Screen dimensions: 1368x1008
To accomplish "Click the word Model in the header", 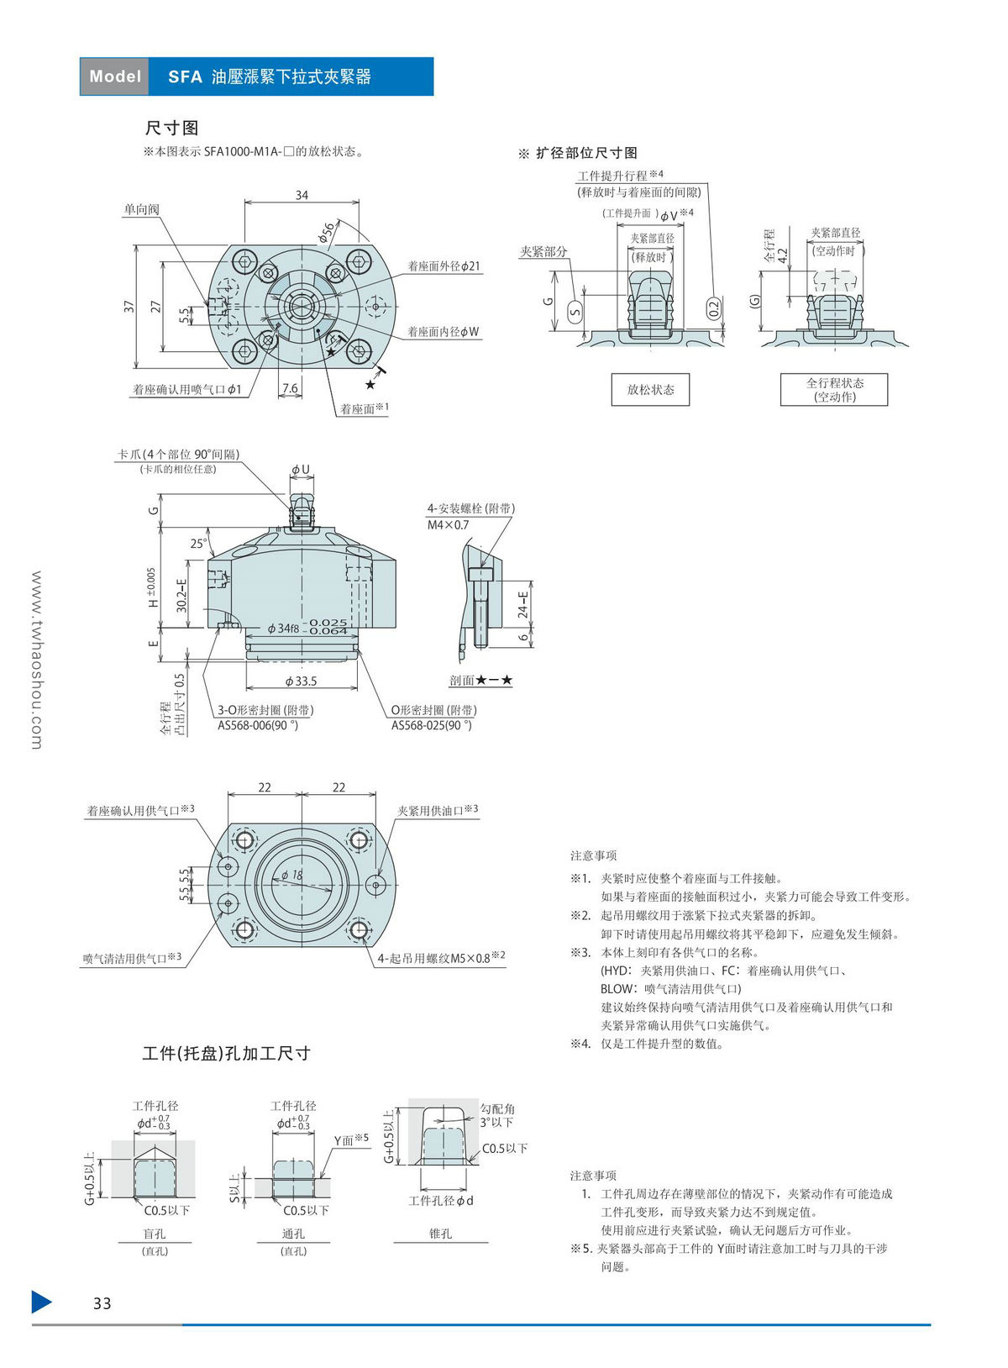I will pyautogui.click(x=115, y=76).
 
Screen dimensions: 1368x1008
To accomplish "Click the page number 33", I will pyautogui.click(x=102, y=1303).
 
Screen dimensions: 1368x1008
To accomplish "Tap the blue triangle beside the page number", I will pyautogui.click(x=41, y=1302).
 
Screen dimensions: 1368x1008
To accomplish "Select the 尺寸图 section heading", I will pyautogui.click(x=171, y=128).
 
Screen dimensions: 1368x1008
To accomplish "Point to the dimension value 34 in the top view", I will pyautogui.click(x=302, y=195).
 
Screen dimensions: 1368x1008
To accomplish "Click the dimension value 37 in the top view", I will pyautogui.click(x=129, y=307).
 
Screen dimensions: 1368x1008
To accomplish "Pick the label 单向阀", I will pyautogui.click(x=141, y=209).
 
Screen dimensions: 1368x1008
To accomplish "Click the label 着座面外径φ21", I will pyautogui.click(x=444, y=266).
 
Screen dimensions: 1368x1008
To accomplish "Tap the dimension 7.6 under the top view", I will pyautogui.click(x=290, y=388).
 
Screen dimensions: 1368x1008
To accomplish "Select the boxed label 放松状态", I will pyautogui.click(x=650, y=390).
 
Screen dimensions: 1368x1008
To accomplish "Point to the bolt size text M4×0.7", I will pyautogui.click(x=449, y=525).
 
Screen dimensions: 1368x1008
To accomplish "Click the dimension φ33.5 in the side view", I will pyautogui.click(x=301, y=681).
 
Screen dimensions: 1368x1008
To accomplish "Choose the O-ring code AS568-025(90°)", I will pyautogui.click(x=432, y=725).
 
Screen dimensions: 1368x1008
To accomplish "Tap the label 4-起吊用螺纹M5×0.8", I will pyautogui.click(x=438, y=958).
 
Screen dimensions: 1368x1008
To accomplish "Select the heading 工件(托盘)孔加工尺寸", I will pyautogui.click(x=226, y=1053).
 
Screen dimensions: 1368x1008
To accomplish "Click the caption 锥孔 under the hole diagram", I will pyautogui.click(x=440, y=1234).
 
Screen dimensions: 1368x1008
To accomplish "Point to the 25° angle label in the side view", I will pyautogui.click(x=197, y=544).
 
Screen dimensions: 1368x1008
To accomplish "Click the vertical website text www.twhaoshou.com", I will pyautogui.click(x=37, y=660).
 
